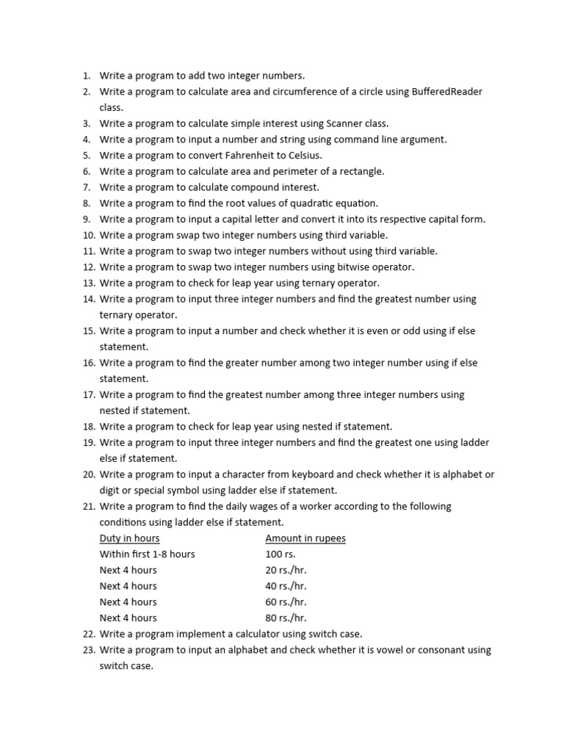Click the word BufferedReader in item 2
[x=446, y=91]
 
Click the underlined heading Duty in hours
[x=129, y=538]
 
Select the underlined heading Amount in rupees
[x=305, y=538]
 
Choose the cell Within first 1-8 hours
[x=147, y=554]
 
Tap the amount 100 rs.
[x=280, y=554]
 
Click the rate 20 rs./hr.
[x=286, y=571]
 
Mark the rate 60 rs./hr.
[x=286, y=602]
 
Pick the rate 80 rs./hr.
[x=286, y=618]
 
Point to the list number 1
[x=86, y=75]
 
